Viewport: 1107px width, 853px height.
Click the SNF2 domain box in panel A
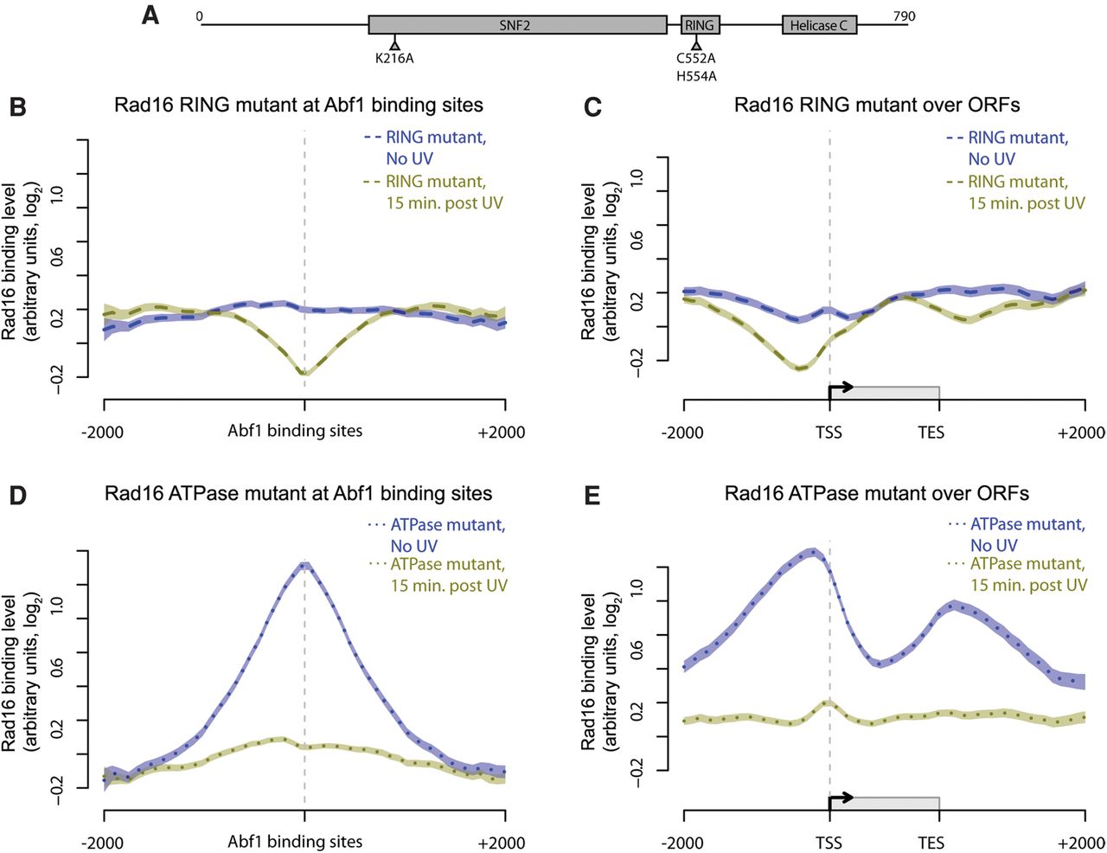[517, 25]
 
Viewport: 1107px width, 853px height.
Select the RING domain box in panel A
[700, 25]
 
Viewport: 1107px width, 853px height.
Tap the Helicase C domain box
[819, 25]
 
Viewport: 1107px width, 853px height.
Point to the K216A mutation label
[394, 59]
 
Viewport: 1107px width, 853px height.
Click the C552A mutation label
[696, 59]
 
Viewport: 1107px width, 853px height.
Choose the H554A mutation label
[696, 76]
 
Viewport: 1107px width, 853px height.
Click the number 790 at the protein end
[904, 16]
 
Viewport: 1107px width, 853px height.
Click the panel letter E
[592, 495]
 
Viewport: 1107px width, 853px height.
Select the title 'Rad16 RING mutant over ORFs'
[877, 106]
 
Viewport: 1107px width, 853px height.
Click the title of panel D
[298, 494]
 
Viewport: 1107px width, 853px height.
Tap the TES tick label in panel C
[931, 432]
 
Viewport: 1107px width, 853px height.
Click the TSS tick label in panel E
[829, 842]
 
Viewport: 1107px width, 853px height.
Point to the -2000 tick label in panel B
[103, 432]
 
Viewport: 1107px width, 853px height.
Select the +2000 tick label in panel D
[502, 842]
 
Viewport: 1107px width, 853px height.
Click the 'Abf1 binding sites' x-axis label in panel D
[295, 841]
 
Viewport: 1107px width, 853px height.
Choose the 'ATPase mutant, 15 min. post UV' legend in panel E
[1027, 574]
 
